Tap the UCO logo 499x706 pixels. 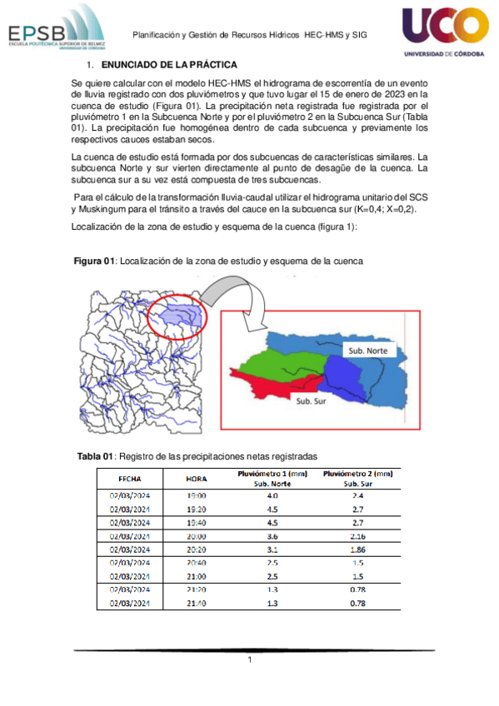(x=445, y=32)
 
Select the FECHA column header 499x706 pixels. (x=129, y=479)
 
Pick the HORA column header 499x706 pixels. (x=197, y=479)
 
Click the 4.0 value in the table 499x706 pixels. (x=272, y=495)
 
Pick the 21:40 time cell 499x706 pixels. (x=197, y=603)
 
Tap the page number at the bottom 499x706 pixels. (x=249, y=660)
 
